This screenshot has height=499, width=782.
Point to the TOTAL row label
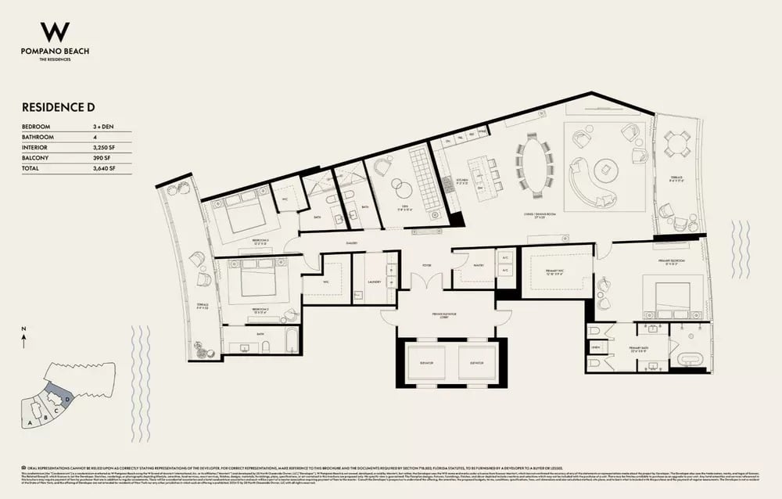[31, 168]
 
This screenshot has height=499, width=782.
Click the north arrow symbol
[25, 339]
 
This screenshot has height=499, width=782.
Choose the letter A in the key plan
[30, 422]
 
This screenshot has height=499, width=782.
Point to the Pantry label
[479, 265]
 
